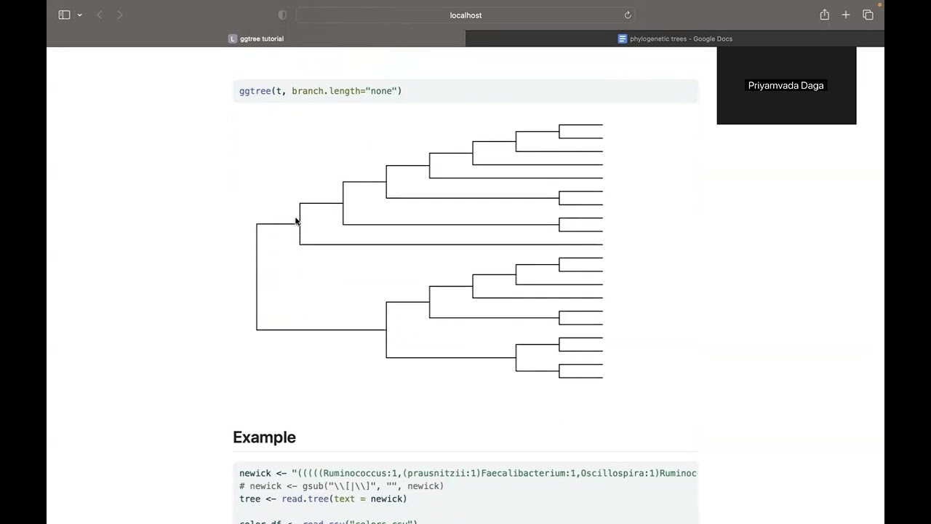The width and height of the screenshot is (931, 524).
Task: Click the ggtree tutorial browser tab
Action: point(261,39)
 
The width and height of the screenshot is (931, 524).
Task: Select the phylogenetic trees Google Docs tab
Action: point(681,39)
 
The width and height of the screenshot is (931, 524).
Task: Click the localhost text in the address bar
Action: point(465,15)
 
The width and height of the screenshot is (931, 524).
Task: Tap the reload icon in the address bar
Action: point(628,15)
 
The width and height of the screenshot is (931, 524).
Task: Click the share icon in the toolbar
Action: point(824,15)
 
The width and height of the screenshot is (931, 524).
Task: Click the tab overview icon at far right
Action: point(868,15)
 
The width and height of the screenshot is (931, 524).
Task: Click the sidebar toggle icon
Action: point(64,15)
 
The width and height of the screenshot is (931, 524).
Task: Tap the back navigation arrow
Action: point(100,15)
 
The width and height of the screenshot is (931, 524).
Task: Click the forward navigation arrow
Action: point(120,15)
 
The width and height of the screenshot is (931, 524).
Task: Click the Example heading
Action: point(264,437)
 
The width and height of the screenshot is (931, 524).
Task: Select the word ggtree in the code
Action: point(255,91)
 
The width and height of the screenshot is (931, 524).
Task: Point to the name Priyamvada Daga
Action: point(786,86)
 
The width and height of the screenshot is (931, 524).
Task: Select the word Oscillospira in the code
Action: point(610,474)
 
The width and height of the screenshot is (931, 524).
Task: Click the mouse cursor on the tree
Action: point(297,221)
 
